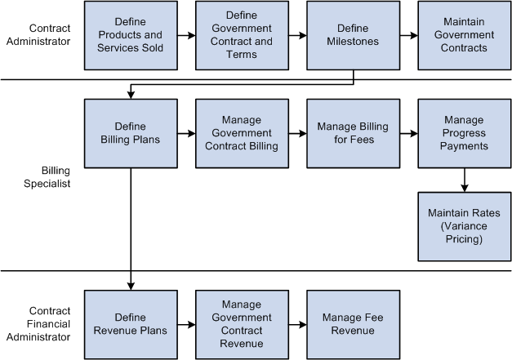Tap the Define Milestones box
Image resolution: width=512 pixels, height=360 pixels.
click(353, 35)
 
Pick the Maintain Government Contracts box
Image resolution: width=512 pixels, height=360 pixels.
click(464, 35)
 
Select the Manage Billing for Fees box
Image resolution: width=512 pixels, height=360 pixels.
click(353, 133)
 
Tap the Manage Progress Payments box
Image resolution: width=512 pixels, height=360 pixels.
click(464, 133)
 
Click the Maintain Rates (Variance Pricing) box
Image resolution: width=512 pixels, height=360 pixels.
click(464, 226)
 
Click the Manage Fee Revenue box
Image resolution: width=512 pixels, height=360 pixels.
click(353, 324)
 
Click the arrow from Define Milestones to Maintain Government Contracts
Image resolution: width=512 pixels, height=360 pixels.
click(408, 36)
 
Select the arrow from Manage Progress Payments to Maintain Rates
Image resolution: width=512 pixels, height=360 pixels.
click(464, 180)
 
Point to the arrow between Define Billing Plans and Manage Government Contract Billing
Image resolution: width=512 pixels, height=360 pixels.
click(186, 134)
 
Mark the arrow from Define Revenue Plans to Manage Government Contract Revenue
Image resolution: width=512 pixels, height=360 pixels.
click(186, 325)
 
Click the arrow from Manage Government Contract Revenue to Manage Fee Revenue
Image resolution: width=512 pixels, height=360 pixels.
click(297, 325)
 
